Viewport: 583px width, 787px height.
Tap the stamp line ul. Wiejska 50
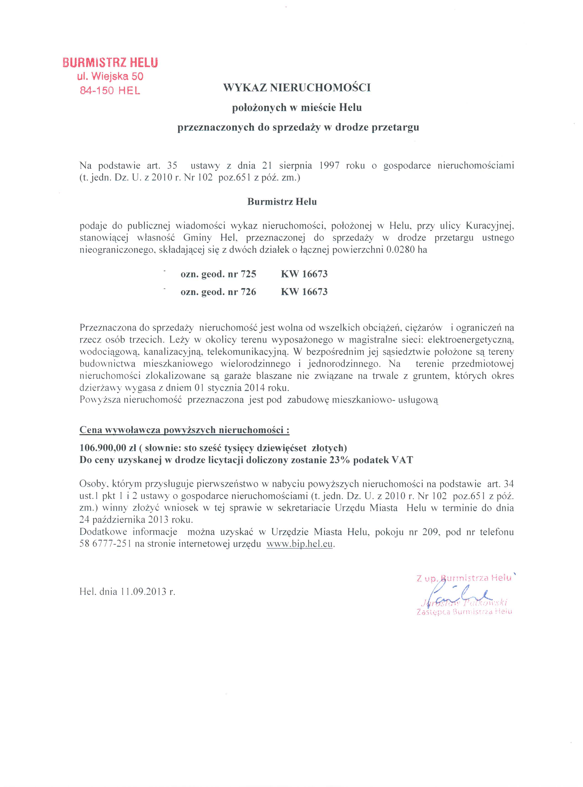coord(110,76)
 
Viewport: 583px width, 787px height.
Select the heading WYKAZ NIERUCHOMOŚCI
coord(297,87)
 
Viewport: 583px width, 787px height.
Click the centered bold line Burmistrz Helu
coord(282,202)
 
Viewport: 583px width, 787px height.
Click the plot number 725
coord(248,274)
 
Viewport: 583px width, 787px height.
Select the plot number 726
coord(248,292)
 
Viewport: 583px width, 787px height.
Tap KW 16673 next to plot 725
coord(304,274)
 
